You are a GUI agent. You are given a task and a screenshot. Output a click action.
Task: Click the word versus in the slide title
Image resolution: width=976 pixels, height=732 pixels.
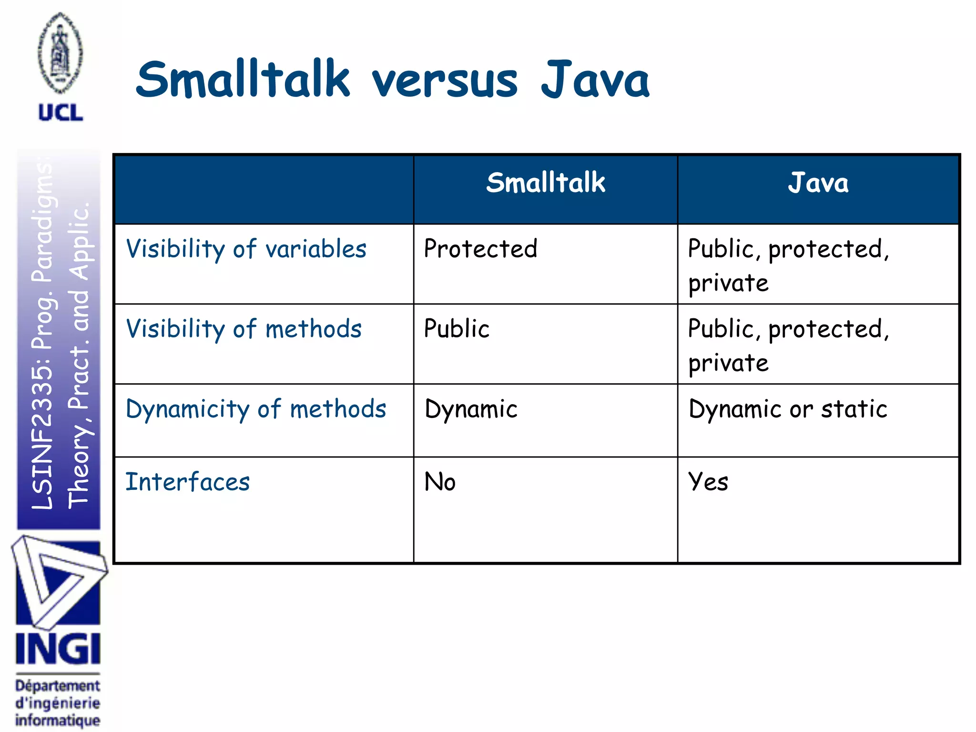[444, 81]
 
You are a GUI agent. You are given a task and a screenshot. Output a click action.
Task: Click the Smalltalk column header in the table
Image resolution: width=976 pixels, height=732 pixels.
[545, 183]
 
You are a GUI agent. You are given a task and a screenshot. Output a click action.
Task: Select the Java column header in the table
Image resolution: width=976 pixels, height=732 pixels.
[818, 183]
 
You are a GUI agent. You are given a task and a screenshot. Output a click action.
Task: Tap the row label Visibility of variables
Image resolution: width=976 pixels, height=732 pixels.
[246, 249]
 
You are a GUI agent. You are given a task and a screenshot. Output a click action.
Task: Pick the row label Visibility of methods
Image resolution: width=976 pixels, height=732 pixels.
[244, 329]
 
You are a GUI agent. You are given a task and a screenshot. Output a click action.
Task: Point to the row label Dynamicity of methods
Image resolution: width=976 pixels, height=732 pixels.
[255, 409]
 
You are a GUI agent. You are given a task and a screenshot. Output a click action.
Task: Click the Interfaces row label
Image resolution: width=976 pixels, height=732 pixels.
[187, 482]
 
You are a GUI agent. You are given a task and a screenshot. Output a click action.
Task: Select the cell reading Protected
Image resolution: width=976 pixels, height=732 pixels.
[480, 249]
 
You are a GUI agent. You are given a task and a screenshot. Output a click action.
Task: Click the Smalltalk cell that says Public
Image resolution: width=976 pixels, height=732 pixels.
[457, 329]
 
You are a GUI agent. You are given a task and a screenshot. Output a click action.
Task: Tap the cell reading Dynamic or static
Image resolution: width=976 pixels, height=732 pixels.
[788, 409]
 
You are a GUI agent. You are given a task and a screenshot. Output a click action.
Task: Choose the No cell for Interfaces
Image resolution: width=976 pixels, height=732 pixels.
[440, 482]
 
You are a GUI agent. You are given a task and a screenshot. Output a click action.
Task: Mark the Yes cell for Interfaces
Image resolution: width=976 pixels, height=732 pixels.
[708, 482]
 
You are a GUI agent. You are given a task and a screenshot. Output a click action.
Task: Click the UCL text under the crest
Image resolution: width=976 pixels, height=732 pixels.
[61, 112]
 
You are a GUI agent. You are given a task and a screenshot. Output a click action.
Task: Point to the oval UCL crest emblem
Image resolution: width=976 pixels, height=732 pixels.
[61, 52]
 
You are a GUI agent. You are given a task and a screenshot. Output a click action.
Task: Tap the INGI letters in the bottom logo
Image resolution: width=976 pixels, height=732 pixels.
[58, 649]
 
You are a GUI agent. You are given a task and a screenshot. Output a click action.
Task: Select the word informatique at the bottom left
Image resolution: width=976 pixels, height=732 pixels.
[58, 720]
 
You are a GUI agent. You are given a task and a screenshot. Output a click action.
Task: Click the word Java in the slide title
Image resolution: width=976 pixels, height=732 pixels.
[595, 81]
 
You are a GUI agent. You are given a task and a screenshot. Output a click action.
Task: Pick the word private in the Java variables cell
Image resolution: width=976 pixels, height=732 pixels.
[728, 284]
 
